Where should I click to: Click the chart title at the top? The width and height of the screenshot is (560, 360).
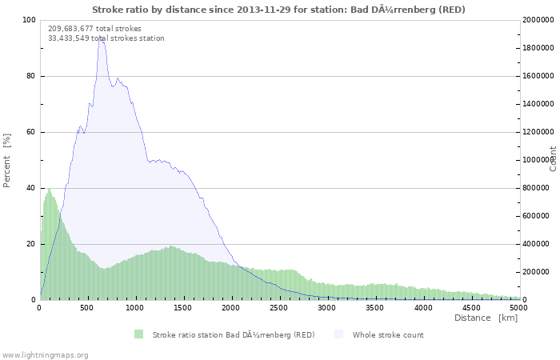tap(278, 10)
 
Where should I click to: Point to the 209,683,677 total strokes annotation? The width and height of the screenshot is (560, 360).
tap(94, 28)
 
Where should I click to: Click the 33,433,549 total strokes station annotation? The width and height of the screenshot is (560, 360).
tap(106, 38)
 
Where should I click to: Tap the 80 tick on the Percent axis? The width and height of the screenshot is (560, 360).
tap(31, 77)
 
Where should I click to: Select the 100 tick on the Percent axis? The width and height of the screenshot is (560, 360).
tap(29, 20)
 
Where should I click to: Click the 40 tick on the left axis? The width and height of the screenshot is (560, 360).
tap(31, 188)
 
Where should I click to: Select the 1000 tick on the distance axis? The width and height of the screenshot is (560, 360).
tap(135, 307)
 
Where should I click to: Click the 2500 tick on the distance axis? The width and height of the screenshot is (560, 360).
tap(279, 307)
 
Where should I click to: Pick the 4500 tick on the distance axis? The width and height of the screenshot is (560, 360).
tap(471, 307)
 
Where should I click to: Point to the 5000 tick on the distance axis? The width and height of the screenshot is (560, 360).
tap(518, 307)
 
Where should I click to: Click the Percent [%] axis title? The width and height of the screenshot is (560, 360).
tap(7, 160)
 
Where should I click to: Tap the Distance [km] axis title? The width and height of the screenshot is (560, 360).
tap(486, 318)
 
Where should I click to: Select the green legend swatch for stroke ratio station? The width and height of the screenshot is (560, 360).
tap(138, 334)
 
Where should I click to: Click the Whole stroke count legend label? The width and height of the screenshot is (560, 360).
tap(388, 335)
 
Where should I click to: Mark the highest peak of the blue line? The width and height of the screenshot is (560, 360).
tap(101, 37)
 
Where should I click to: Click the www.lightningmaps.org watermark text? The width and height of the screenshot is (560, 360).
tap(45, 354)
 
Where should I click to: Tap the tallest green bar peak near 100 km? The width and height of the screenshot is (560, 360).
tap(49, 189)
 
